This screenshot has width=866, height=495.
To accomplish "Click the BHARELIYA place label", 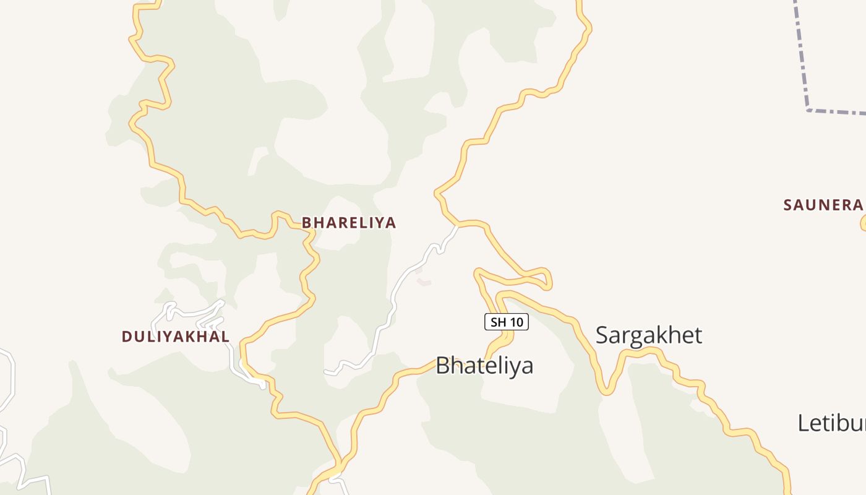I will (x=348, y=223).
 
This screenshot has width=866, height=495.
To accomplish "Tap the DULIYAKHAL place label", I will (x=176, y=337).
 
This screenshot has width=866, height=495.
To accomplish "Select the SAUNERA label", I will (x=823, y=205).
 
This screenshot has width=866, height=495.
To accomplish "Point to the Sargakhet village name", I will (x=649, y=335).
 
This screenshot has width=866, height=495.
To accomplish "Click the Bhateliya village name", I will (x=484, y=365).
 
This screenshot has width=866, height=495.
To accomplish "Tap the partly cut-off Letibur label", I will (x=831, y=423).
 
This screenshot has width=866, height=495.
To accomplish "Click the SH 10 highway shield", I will (x=506, y=322).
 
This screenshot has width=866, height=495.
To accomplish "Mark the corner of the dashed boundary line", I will (x=808, y=110).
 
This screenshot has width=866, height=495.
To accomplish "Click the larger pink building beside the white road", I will (x=424, y=282).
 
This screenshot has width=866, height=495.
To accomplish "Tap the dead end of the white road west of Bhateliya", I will (x=326, y=372).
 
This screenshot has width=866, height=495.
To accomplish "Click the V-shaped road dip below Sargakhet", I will (x=607, y=392).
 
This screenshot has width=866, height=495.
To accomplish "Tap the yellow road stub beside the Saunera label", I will (x=864, y=224).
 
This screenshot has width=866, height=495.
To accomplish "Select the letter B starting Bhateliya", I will (x=442, y=365).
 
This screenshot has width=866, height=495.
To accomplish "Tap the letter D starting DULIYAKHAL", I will (x=126, y=337).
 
